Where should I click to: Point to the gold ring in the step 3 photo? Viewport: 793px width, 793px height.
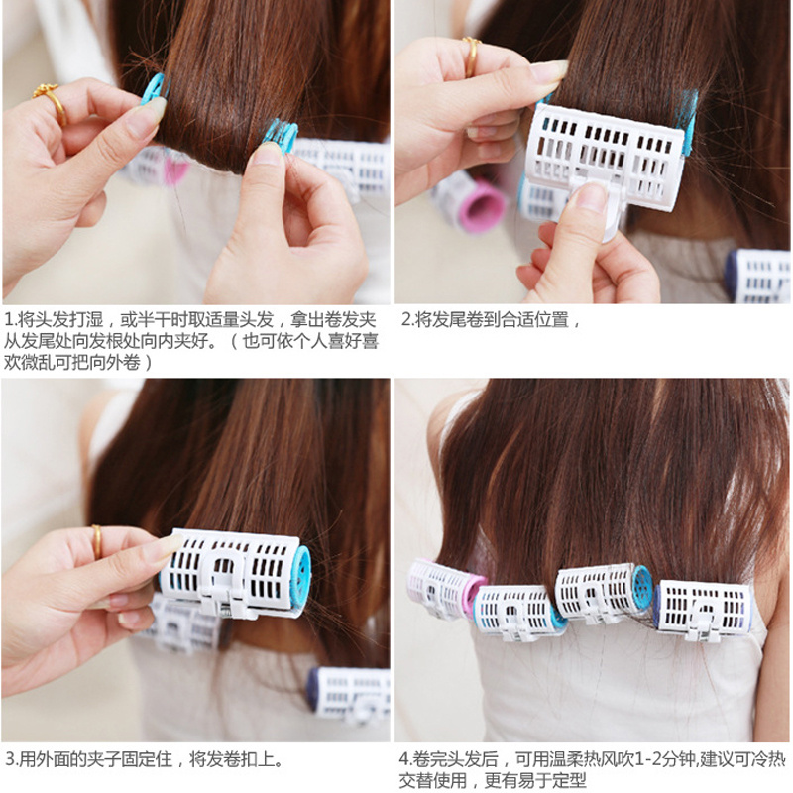click(96, 541)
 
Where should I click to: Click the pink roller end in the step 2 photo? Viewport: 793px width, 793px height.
click(482, 207)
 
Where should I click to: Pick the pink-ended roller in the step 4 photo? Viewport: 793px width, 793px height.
click(445, 589)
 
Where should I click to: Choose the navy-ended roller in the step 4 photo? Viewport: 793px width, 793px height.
click(702, 611)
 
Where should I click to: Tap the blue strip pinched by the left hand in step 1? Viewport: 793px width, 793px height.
click(156, 89)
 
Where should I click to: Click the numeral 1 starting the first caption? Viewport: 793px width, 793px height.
click(9, 319)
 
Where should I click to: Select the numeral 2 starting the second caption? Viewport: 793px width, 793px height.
click(406, 319)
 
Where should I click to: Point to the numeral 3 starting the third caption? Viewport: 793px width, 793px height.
click(10, 759)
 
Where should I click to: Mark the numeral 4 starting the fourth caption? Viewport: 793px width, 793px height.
click(403, 759)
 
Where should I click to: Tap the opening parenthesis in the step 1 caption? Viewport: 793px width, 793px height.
click(234, 341)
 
